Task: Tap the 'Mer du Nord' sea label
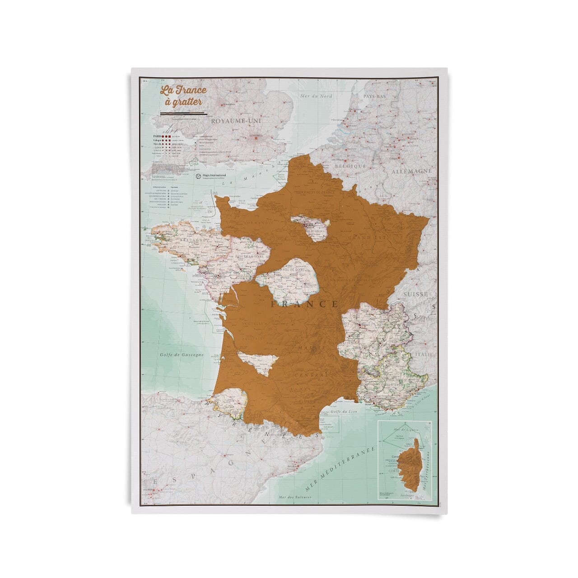click(317, 96)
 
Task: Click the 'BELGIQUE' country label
click(350, 166)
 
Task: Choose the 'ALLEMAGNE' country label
click(411, 172)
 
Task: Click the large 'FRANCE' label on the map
click(305, 304)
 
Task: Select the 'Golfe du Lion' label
click(341, 411)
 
